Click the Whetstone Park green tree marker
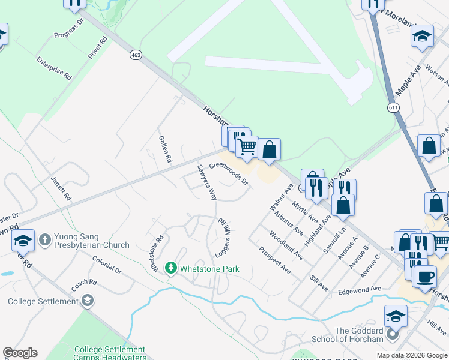[x=171, y=268]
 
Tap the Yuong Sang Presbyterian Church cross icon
[x=44, y=240]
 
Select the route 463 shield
[x=136, y=55]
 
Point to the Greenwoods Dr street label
[x=229, y=173]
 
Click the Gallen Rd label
[x=166, y=149]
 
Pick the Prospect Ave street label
[x=275, y=260]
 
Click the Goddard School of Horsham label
[x=359, y=335]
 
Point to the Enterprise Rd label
[x=54, y=69]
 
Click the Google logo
[x=20, y=353]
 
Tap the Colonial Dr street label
[x=107, y=265]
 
